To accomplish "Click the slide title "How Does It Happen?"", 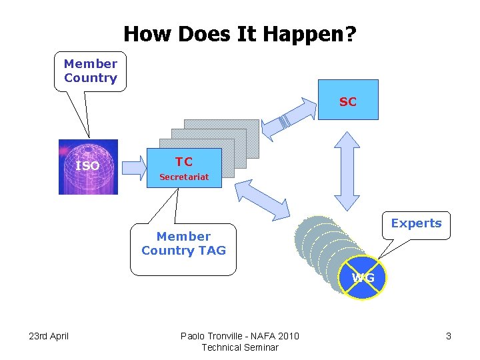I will (x=239, y=33).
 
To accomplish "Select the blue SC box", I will (x=347, y=100).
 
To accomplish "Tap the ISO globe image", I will (x=88, y=167).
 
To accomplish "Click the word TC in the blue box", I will (x=183, y=162).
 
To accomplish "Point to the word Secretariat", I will (x=183, y=177).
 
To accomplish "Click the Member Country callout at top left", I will (x=90, y=71).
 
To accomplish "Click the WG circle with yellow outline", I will (x=363, y=277).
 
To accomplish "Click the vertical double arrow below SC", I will (x=347, y=171).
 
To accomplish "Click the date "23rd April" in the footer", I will (x=49, y=336).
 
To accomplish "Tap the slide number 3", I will (x=449, y=336).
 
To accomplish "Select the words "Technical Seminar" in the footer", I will (x=239, y=347).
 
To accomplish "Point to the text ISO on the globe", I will (x=87, y=165).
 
